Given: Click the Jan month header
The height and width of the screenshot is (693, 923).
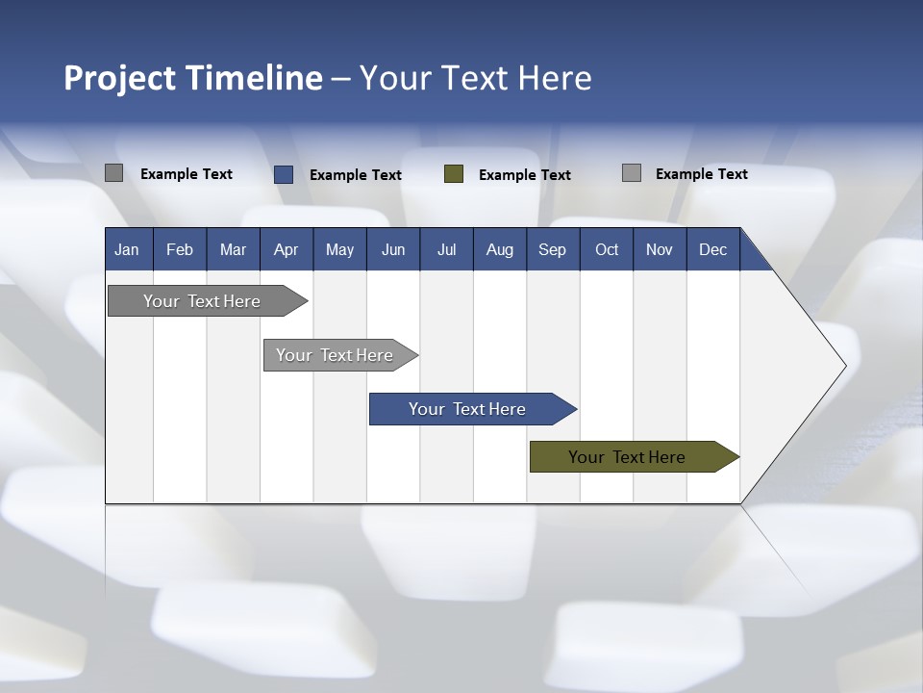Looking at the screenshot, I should click(x=127, y=249).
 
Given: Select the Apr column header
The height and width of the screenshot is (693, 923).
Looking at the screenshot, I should click(x=286, y=249).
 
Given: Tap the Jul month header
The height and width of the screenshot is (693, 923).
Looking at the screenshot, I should click(x=446, y=249).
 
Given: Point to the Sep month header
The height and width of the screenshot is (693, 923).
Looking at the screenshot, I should click(x=552, y=249).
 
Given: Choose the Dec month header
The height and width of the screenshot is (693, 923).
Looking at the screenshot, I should click(x=712, y=249).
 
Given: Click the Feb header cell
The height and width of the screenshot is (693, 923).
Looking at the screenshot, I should click(x=180, y=249).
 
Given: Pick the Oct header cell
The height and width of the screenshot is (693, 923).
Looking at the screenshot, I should click(x=607, y=249).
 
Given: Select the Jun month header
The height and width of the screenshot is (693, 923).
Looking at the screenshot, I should click(x=393, y=249).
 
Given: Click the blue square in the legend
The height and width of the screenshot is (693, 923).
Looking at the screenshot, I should click(x=284, y=174).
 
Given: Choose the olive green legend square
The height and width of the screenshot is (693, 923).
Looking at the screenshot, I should click(x=454, y=174).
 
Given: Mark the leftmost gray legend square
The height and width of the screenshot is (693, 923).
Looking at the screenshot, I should click(x=113, y=173).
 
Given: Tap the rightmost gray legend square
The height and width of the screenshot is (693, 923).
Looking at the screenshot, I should click(x=632, y=173).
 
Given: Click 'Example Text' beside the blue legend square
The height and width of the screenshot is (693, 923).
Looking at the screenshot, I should click(x=356, y=175).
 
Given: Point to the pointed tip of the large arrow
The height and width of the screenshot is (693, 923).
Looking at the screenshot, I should click(x=844, y=366).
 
